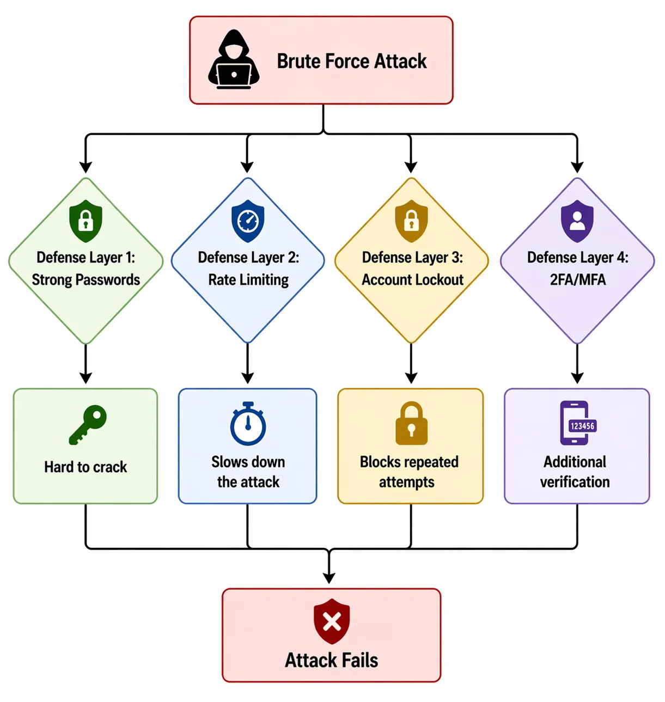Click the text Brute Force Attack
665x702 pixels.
351,61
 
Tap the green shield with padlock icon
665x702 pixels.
86,221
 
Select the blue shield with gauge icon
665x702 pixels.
248,221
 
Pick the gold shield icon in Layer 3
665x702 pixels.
411,221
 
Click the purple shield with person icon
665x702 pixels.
577,221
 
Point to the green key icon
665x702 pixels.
87,425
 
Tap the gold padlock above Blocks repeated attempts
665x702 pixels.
411,423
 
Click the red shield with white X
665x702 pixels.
331,621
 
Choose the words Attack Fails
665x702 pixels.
331,660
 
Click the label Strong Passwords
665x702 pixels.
86,280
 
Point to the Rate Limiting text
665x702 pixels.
248,280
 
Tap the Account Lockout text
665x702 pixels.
412,280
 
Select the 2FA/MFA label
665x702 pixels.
577,280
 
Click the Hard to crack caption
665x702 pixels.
86,467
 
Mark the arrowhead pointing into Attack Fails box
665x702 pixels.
329,577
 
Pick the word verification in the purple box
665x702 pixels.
575,482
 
